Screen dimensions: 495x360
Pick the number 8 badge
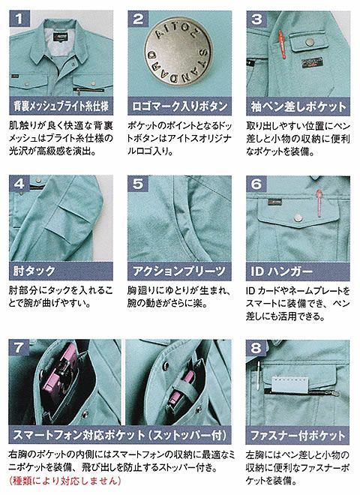click(x=256, y=349)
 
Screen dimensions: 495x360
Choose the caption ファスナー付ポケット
click(x=298, y=435)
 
